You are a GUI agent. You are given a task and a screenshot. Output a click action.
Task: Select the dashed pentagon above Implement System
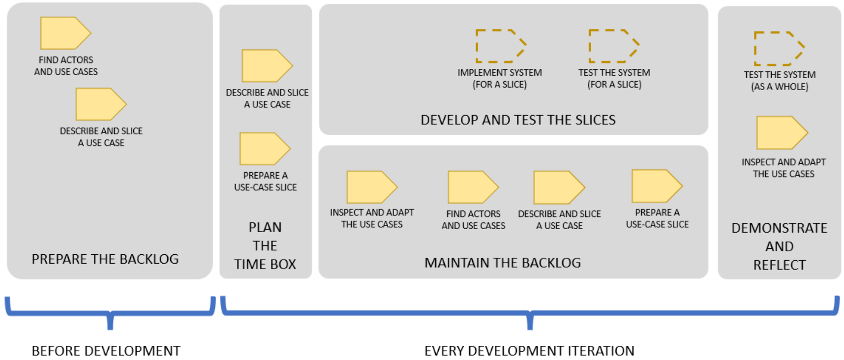click(x=500, y=46)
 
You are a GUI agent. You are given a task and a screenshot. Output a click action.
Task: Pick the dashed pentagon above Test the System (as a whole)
click(x=779, y=48)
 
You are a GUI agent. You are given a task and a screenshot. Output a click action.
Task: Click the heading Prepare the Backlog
click(x=105, y=259)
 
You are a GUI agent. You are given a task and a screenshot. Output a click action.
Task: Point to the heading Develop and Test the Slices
click(x=518, y=120)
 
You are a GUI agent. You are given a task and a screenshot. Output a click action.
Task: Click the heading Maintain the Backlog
click(x=502, y=263)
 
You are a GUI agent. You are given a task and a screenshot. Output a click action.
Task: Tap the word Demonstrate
click(x=779, y=228)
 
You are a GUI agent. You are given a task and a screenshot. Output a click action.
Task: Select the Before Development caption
click(x=106, y=351)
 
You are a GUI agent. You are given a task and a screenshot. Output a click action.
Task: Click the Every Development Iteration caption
click(x=529, y=351)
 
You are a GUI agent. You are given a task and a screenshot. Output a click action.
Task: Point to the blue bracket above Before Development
click(x=110, y=313)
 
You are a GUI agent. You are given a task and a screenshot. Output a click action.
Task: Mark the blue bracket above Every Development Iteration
click(x=530, y=313)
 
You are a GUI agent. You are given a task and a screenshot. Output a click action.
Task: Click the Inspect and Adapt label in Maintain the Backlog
click(x=372, y=218)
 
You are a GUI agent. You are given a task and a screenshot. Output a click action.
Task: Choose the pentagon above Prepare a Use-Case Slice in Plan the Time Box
click(x=264, y=149)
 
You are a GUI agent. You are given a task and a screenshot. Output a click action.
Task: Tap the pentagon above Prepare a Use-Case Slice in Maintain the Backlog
click(x=656, y=186)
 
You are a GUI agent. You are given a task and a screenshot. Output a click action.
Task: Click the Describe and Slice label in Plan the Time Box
click(x=267, y=98)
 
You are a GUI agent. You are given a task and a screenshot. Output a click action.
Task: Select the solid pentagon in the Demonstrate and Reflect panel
click(x=781, y=132)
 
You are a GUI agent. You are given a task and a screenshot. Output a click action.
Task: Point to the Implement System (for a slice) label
click(x=500, y=79)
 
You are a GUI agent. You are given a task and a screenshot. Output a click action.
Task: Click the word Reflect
click(x=779, y=265)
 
